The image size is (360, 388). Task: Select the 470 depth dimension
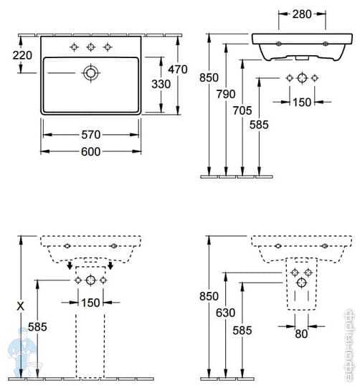[x=177, y=70]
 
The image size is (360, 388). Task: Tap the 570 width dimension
[x=90, y=135]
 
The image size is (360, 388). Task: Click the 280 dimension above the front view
[x=301, y=14]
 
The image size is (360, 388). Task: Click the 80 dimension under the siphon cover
[x=301, y=333]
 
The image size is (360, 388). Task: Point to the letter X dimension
[x=22, y=306]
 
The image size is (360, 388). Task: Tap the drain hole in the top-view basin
[x=90, y=72]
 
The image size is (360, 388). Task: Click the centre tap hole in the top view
[x=90, y=47]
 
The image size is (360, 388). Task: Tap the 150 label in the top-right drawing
[x=301, y=103]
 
